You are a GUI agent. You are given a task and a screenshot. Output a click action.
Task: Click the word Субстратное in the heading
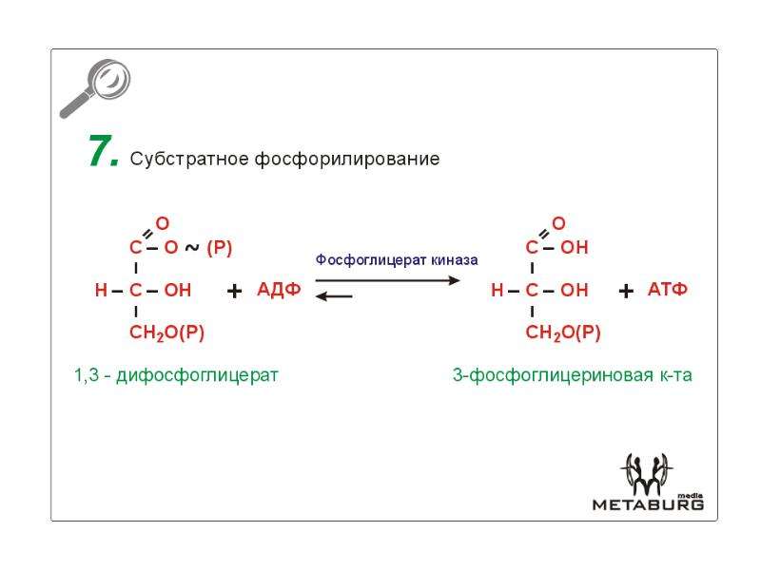coord(189,159)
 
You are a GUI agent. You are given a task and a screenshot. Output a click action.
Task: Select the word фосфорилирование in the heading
coord(347,159)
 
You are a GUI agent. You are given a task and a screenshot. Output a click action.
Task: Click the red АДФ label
coord(279,290)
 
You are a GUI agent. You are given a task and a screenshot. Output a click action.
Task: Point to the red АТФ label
coord(668,290)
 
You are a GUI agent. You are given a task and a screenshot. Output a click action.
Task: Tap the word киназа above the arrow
coord(455,260)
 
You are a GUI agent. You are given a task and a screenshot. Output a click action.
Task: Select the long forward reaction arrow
coord(387,280)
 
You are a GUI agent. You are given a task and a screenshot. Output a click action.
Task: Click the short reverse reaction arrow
coord(334,295)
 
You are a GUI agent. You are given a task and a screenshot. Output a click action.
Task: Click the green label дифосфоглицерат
coord(197,375)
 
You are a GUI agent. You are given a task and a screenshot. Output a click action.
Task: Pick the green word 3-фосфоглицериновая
coord(553,375)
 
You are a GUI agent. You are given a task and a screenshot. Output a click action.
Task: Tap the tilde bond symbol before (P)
coord(192,248)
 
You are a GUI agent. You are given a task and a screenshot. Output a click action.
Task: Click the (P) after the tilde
coord(220,248)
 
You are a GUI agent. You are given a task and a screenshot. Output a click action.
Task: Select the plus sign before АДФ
coord(234,291)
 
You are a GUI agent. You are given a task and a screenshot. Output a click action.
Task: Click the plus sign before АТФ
coord(626,291)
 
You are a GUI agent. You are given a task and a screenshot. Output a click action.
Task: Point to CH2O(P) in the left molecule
coord(167,333)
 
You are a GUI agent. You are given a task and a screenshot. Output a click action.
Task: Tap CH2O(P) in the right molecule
coord(563,333)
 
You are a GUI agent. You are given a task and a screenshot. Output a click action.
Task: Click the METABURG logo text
coord(648,504)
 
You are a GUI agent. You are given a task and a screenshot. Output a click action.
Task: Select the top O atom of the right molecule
coord(558,223)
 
